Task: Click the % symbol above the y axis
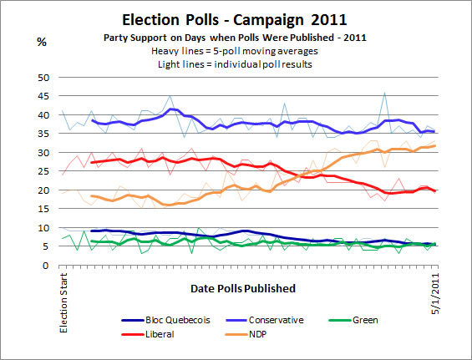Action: click(x=41, y=42)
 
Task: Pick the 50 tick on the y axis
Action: click(x=46, y=77)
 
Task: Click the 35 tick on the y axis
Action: click(x=46, y=134)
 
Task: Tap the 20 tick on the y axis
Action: click(x=46, y=190)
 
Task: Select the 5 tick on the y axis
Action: click(x=48, y=247)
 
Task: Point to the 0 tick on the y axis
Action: click(x=48, y=266)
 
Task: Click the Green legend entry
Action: click(x=379, y=320)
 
